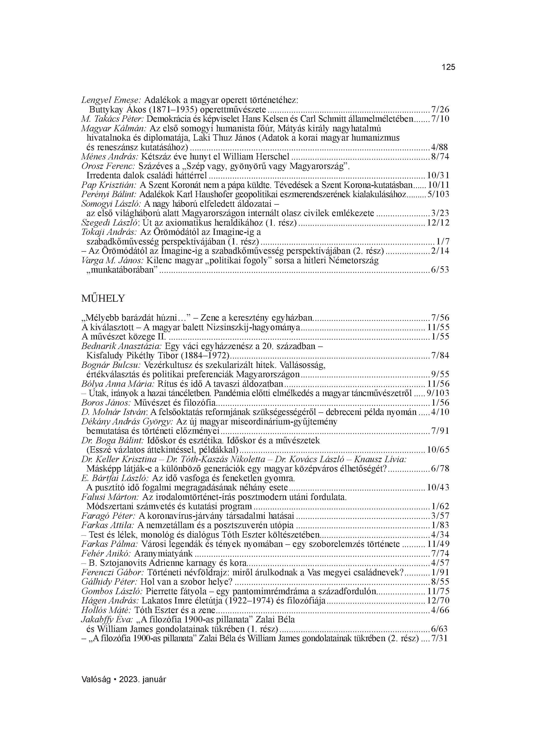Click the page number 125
pos(448,67)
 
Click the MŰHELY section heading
pos(103,298)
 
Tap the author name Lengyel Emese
pos(111,100)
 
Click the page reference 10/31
pos(438,175)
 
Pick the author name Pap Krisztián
pos(109,185)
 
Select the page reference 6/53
pos(440,270)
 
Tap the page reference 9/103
pos(438,393)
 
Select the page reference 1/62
pos(440,506)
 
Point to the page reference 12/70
pos(438,601)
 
